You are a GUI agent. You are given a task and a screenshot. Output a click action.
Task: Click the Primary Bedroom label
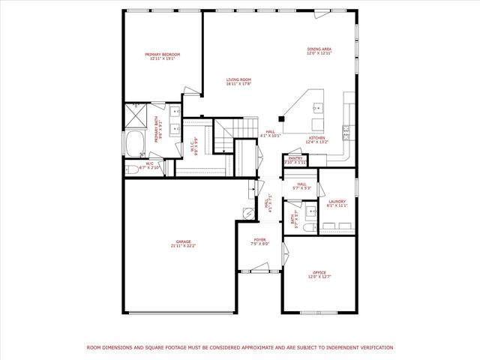coord(162,56)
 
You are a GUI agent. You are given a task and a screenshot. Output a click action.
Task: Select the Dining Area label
coord(319,52)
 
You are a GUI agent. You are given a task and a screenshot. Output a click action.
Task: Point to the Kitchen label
coord(317,140)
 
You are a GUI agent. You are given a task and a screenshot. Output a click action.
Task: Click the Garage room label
coord(177,243)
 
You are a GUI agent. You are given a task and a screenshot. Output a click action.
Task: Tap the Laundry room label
coord(336,203)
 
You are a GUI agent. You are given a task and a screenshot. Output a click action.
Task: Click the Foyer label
coord(259,241)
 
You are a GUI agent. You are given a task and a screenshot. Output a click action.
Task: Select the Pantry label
coord(295,160)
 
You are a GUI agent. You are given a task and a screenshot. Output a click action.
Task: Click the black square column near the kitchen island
coord(281,118)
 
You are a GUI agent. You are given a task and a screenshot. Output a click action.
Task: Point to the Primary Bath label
coord(157,131)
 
